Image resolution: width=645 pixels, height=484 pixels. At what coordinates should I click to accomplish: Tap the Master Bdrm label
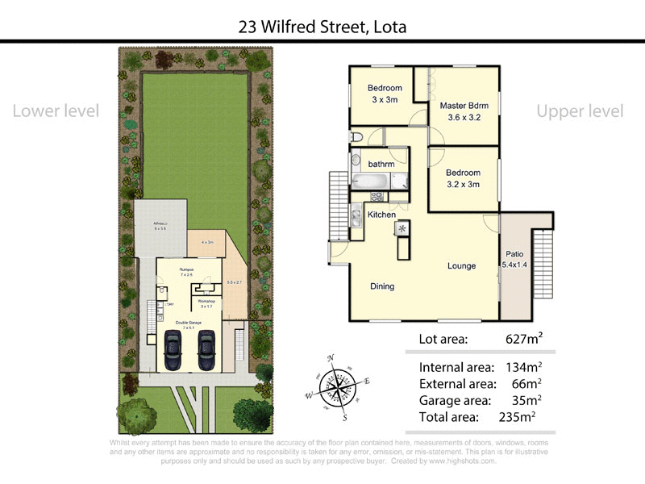[464, 106]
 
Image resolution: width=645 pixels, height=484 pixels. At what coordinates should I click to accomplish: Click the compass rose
[338, 388]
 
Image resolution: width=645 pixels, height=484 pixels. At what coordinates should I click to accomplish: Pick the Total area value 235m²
[518, 417]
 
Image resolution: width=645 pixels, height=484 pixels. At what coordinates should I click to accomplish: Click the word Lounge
[462, 266]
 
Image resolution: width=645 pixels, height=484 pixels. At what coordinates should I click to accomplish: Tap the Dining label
[382, 286]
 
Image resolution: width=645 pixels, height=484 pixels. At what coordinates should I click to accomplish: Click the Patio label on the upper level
[514, 253]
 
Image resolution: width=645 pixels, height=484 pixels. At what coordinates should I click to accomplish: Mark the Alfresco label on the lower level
[160, 225]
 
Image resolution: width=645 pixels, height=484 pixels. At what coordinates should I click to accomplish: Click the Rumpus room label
[186, 269]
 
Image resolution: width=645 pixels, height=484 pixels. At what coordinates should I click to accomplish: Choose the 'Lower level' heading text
[56, 111]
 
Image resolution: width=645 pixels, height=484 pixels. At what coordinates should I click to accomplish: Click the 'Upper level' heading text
[580, 111]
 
